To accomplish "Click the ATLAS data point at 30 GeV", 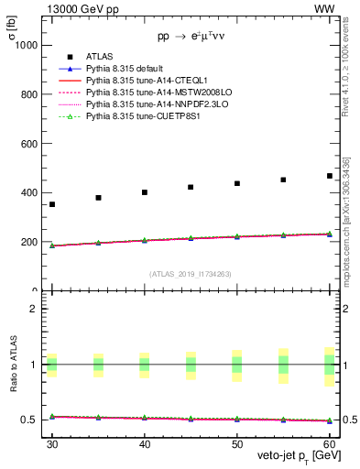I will click(x=52, y=204).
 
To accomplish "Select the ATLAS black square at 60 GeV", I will click(x=330, y=176).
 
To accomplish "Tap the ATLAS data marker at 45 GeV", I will click(x=191, y=187).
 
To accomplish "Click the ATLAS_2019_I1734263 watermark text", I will click(x=191, y=273).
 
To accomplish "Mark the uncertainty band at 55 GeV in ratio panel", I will click(x=283, y=365).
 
